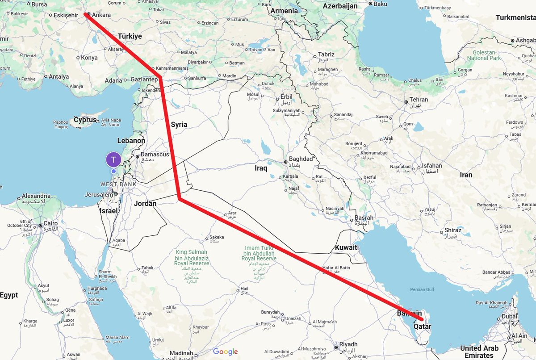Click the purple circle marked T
pyautogui.click(x=114, y=160)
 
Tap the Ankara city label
pyautogui.click(x=101, y=15)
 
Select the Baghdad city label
pyautogui.click(x=301, y=159)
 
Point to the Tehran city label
pyautogui.click(x=419, y=100)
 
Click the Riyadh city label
pyautogui.click(x=349, y=344)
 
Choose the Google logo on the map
pyautogui.click(x=225, y=352)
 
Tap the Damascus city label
pyautogui.click(x=155, y=154)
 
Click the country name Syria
pyautogui.click(x=179, y=125)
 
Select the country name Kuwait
pyautogui.click(x=346, y=247)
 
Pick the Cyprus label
pyautogui.click(x=85, y=120)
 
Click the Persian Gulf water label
pyautogui.click(x=422, y=289)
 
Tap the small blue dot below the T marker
pyautogui.click(x=114, y=171)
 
